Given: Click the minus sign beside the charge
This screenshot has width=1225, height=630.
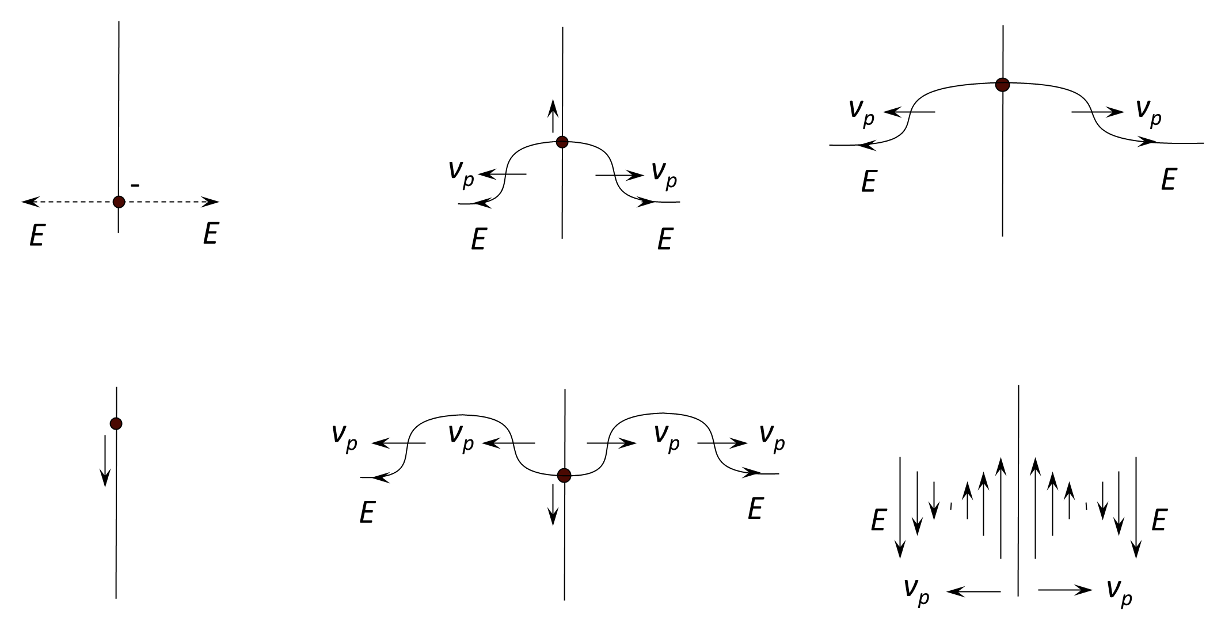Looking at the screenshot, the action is (135, 185).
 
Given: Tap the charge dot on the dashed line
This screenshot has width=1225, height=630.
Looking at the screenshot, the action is (119, 202).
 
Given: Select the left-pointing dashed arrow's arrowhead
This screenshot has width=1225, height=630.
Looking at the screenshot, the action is (30, 202).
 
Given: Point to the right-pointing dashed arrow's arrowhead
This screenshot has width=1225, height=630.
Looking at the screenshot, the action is (211, 202).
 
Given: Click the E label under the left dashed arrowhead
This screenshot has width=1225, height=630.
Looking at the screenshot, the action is (37, 236).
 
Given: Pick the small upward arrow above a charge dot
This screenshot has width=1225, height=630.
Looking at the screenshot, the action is (553, 116).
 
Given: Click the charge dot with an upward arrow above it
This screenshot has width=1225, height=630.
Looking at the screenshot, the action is (562, 142).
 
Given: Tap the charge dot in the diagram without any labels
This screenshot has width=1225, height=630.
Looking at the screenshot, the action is (116, 424).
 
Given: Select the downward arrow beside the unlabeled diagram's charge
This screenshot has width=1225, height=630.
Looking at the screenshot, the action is (105, 461).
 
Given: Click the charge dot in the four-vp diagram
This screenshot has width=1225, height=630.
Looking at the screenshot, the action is (564, 475).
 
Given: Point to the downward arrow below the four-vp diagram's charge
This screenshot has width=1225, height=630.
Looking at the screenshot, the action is (553, 504).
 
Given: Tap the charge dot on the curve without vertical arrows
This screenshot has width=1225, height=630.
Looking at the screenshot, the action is (1003, 85).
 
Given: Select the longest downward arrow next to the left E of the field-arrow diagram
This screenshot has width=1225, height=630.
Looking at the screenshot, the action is (900, 507).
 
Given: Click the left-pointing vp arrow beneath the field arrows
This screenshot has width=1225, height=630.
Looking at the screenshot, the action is (974, 591).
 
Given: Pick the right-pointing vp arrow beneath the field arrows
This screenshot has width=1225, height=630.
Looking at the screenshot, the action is (1065, 590).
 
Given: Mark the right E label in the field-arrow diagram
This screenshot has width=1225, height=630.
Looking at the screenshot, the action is (1159, 521).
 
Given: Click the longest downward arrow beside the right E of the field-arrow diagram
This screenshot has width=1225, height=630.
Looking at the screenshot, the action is (1136, 507).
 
